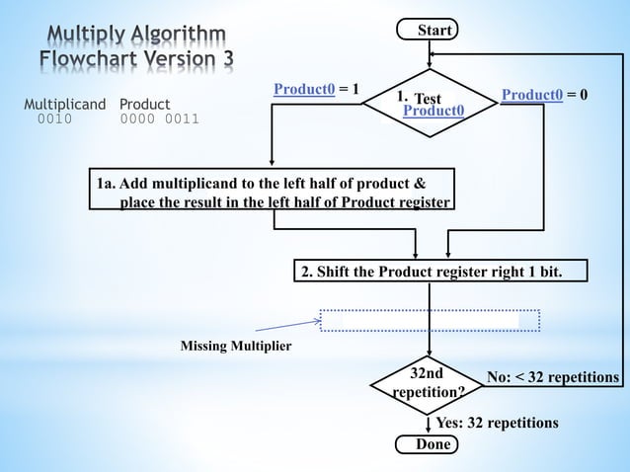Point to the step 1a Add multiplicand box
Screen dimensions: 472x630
click(274, 193)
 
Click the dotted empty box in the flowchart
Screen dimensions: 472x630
click(430, 320)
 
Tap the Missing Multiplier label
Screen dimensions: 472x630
click(235, 347)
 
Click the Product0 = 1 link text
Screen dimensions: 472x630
click(304, 91)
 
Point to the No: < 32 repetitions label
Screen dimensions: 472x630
click(553, 378)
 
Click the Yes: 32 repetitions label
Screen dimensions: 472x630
click(497, 423)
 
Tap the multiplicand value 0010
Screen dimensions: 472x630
click(54, 120)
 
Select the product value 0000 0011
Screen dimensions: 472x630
click(159, 120)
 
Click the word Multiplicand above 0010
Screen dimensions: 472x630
click(66, 104)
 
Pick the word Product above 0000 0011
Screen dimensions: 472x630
click(144, 104)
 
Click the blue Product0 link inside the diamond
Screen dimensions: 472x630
click(434, 113)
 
